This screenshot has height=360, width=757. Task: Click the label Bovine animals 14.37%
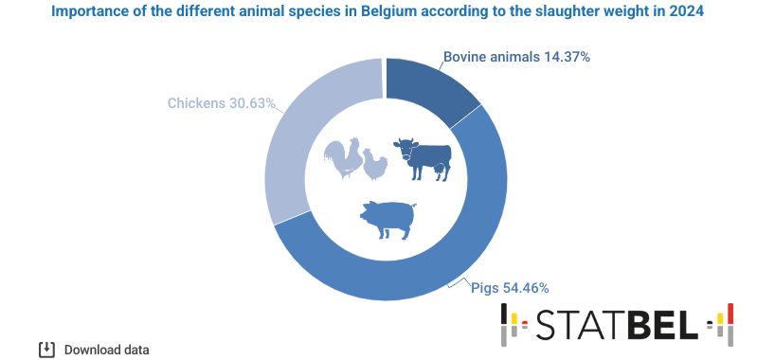[x=516, y=57]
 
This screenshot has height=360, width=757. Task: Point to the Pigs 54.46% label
[x=510, y=287]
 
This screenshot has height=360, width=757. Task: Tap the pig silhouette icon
[x=388, y=219]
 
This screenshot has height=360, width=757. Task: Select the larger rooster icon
[x=342, y=158]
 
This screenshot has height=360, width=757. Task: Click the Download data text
[x=106, y=350]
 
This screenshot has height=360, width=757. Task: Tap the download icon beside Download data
[x=45, y=350]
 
